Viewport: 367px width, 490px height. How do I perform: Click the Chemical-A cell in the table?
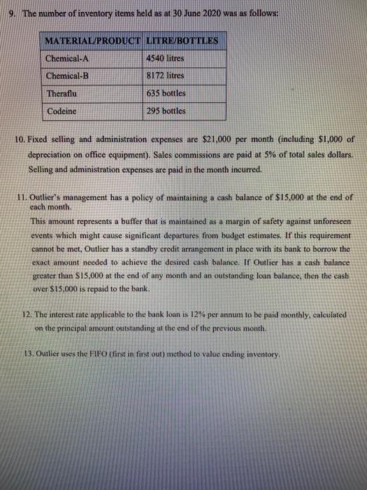click(67, 57)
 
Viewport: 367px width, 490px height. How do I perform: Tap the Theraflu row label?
click(62, 93)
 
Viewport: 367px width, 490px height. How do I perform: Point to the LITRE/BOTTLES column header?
click(184, 40)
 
